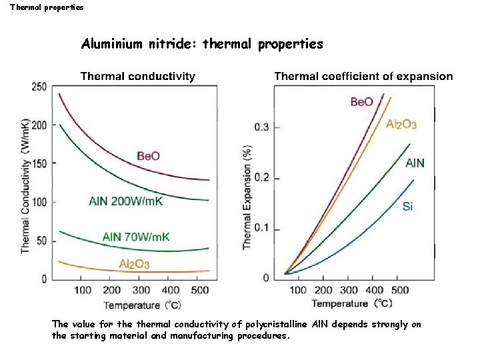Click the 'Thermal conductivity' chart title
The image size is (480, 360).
[x=138, y=76]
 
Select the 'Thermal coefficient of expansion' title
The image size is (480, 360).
[x=363, y=76]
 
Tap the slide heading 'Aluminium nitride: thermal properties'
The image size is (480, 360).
[x=202, y=45]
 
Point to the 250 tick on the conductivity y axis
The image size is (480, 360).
[x=39, y=87]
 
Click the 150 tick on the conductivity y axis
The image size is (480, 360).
[x=39, y=163]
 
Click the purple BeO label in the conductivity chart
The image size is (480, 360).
[x=148, y=155]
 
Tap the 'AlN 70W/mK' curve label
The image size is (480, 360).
[x=136, y=236]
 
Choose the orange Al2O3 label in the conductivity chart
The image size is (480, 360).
[x=134, y=264]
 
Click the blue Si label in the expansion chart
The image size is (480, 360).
[x=407, y=207]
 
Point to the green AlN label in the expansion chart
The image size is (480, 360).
[x=415, y=163]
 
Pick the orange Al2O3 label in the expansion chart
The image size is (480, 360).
[x=401, y=124]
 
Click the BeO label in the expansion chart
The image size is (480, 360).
[x=362, y=102]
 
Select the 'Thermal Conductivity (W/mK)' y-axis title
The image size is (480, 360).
[x=25, y=185]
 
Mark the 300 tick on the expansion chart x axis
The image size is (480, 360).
[x=349, y=290]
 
